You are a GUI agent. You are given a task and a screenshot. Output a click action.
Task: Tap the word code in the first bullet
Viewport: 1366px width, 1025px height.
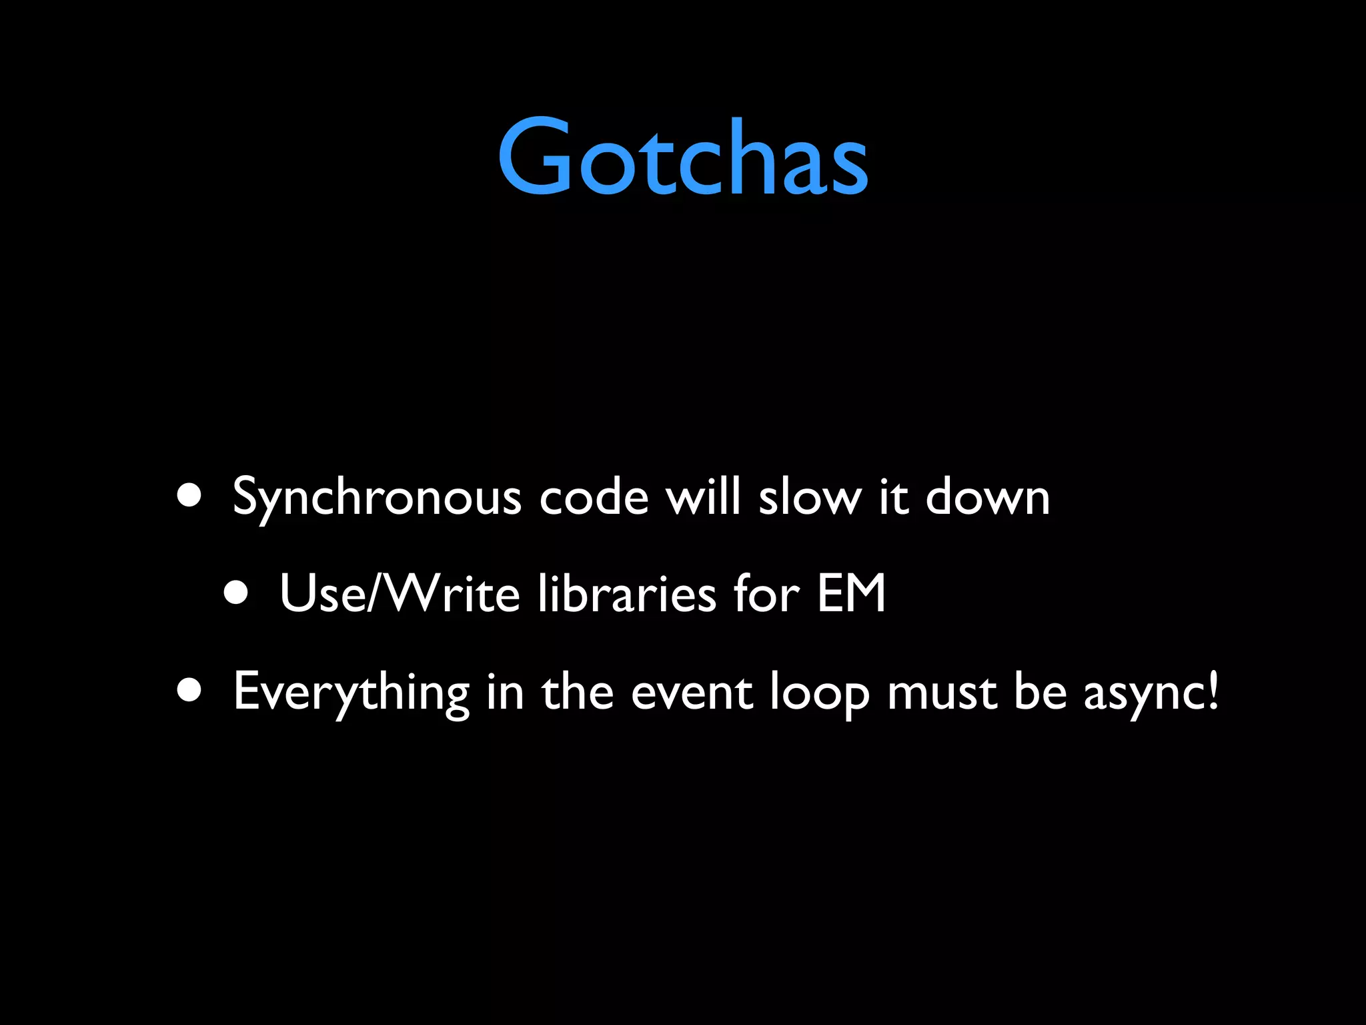click(x=594, y=498)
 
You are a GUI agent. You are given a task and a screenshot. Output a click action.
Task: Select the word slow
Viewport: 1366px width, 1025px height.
click(x=810, y=498)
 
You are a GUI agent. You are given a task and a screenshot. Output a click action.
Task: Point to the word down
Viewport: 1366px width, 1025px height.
click(x=987, y=498)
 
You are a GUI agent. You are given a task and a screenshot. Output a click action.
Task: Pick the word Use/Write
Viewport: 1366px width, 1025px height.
click(x=399, y=593)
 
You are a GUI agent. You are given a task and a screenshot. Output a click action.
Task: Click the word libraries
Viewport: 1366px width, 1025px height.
click(x=626, y=593)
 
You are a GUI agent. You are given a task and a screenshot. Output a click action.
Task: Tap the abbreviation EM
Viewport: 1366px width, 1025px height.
click(x=851, y=593)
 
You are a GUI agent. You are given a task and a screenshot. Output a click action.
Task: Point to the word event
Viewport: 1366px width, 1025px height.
click(x=692, y=693)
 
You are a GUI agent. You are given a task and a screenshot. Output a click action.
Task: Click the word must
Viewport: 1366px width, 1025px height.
click(x=942, y=693)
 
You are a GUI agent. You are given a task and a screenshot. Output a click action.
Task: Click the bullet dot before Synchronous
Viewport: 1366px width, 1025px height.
click(x=190, y=496)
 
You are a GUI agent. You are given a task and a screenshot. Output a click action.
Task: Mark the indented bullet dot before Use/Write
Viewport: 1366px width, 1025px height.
click(x=236, y=593)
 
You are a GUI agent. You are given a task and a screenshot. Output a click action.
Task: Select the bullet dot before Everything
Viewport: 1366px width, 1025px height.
click(x=190, y=691)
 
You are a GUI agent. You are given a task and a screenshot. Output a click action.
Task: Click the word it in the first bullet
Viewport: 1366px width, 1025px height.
click(x=894, y=498)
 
